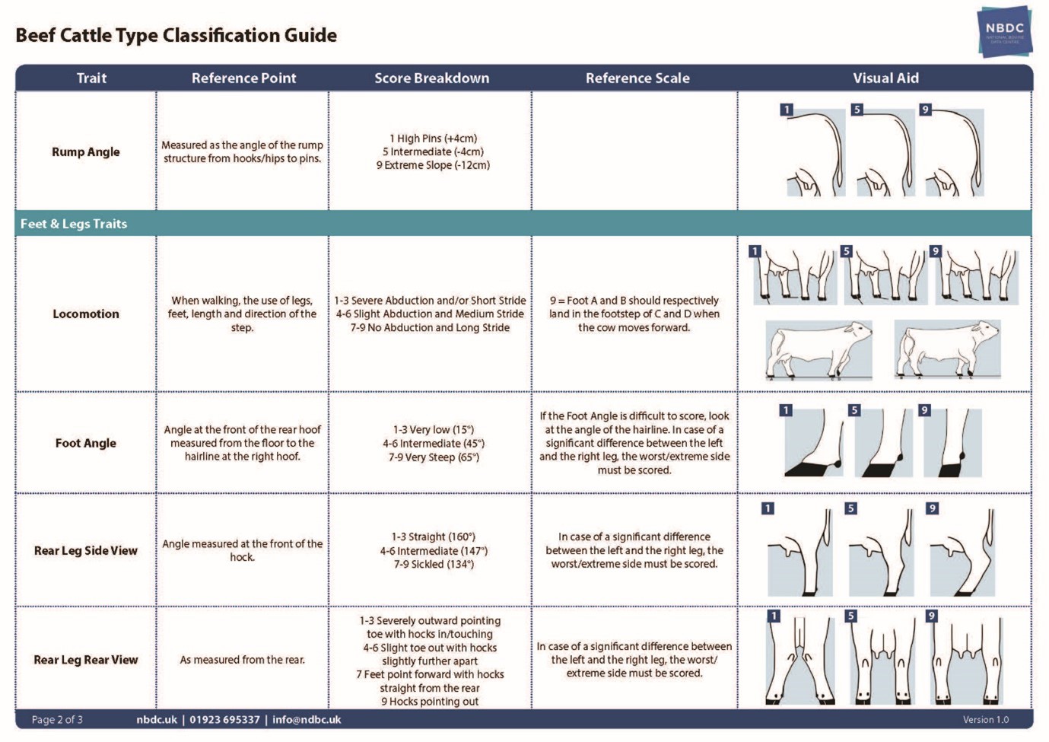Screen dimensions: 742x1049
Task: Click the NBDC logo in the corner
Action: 1004,31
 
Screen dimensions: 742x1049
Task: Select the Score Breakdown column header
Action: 431,78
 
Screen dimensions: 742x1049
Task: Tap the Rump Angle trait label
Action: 86,151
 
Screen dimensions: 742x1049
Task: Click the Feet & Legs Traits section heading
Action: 74,224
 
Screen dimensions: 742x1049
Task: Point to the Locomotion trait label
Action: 86,314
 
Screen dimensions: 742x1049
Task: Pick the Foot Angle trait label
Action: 86,443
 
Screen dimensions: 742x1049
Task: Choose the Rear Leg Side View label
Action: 86,550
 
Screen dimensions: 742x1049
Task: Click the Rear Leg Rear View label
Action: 86,660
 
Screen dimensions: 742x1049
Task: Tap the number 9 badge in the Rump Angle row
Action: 925,110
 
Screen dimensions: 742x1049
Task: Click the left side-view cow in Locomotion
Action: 819,350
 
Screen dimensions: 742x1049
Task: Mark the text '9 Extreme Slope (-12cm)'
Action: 433,165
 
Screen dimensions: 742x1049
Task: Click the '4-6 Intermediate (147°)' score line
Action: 434,550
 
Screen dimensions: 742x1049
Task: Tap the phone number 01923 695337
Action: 224,719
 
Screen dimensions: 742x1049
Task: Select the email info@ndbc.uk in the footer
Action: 307,719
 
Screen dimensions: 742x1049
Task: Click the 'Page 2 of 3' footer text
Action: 57,719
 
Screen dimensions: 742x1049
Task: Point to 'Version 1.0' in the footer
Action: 986,719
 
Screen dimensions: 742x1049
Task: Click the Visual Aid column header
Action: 885,78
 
